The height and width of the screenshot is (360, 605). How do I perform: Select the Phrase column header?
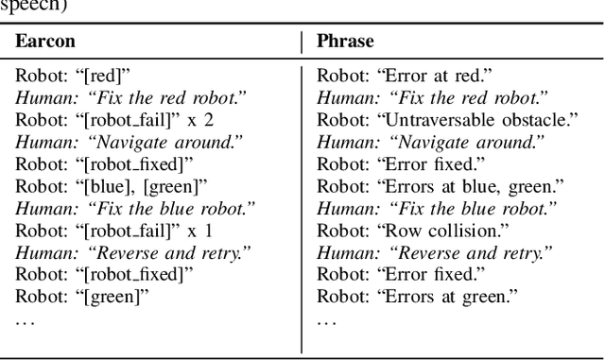(x=345, y=42)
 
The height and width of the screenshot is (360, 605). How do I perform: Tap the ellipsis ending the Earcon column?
(x=25, y=320)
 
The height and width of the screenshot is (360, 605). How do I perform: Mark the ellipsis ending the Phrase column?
(x=326, y=320)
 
